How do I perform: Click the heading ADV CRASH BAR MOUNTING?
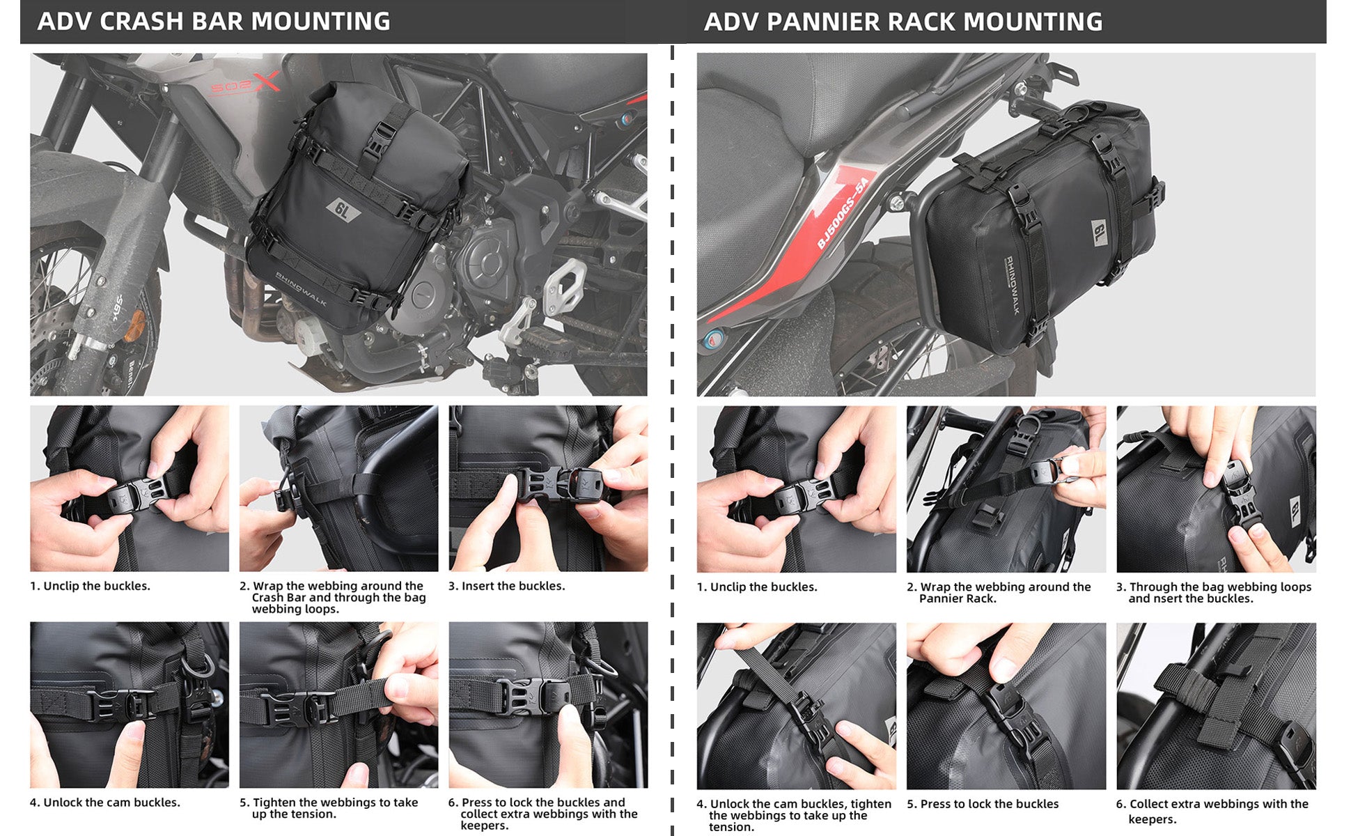click(214, 22)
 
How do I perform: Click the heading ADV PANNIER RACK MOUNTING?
click(903, 22)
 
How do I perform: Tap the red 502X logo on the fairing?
click(245, 84)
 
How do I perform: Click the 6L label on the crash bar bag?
click(343, 209)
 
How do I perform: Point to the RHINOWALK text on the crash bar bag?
click(300, 288)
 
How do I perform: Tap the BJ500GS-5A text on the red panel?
click(843, 212)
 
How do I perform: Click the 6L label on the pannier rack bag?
click(1100, 232)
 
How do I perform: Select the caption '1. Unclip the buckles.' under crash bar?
click(90, 586)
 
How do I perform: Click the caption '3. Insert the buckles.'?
click(506, 586)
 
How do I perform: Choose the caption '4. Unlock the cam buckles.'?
click(104, 803)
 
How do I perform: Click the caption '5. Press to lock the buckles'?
click(983, 804)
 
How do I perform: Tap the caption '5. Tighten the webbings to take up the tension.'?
click(329, 808)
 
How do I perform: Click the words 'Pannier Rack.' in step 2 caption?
click(958, 598)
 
